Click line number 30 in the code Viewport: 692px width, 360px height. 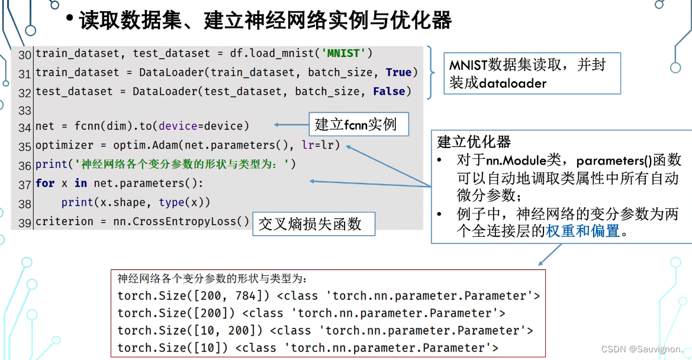click(25, 54)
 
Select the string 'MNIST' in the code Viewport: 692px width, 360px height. click(343, 53)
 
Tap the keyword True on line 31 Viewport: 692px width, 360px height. click(398, 72)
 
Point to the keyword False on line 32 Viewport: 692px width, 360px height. click(389, 91)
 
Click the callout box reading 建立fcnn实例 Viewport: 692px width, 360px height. click(355, 124)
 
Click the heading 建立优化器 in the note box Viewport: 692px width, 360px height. click(474, 142)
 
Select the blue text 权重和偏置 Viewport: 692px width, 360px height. click(582, 231)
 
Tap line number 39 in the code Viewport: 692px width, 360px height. click(25, 223)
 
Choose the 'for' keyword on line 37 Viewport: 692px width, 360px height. click(45, 183)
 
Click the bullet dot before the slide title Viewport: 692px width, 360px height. click(70, 20)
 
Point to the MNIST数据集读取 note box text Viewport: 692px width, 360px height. click(527, 73)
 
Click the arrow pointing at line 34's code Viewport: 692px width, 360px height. click(289, 125)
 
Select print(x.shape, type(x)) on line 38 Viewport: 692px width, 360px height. click(136, 202)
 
